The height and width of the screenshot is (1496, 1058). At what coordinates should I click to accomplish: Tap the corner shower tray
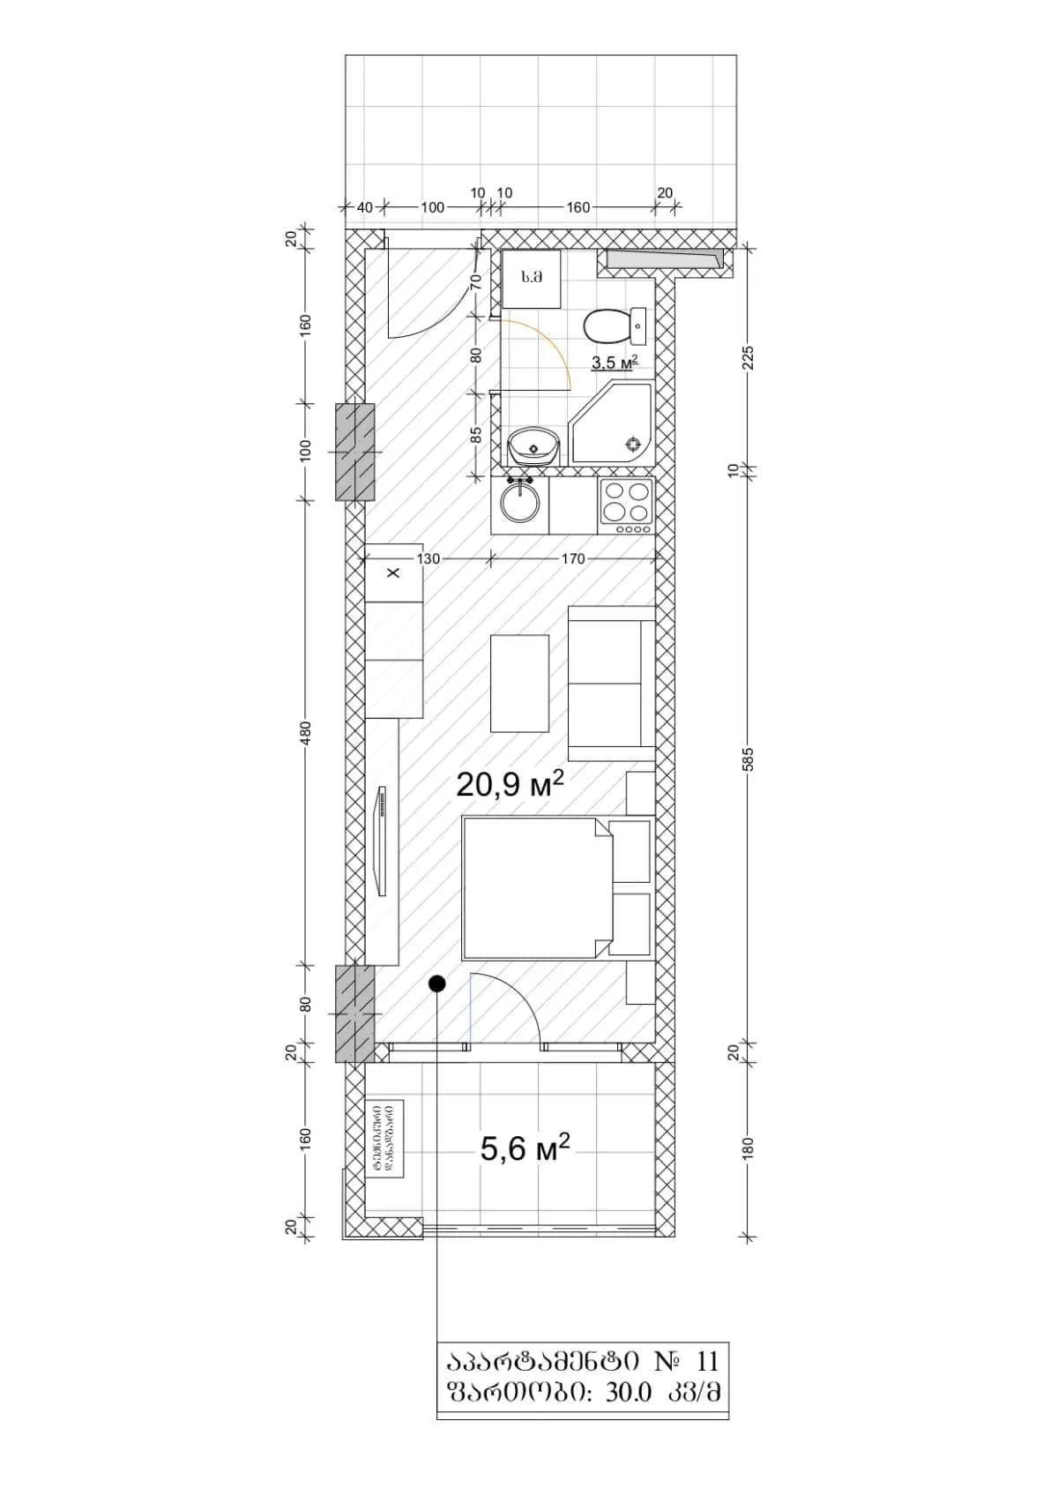pos(613,425)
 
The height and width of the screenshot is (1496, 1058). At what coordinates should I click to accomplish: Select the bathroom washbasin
pos(533,445)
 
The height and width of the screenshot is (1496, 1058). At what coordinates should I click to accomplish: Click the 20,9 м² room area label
pos(510,783)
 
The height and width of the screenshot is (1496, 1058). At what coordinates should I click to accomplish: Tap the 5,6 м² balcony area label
pos(525,1148)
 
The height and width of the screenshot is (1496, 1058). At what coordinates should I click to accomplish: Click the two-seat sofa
pos(611,683)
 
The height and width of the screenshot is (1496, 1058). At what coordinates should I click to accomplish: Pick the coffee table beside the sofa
pos(519,683)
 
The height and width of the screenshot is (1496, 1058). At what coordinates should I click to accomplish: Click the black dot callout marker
pos(437,984)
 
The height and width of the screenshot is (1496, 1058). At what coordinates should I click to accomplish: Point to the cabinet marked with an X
pos(393,573)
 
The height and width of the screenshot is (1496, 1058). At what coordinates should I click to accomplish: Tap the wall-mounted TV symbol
pos(383,841)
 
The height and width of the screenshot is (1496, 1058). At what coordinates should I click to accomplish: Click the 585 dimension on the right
pos(749,759)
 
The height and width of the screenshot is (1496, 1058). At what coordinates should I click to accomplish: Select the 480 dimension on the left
pos(306,732)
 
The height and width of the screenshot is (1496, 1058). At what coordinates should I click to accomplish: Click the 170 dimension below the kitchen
pos(572,558)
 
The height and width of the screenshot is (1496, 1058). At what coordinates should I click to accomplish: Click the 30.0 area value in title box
pos(629,1392)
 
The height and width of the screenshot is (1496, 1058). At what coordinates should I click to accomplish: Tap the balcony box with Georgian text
pos(385,1138)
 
